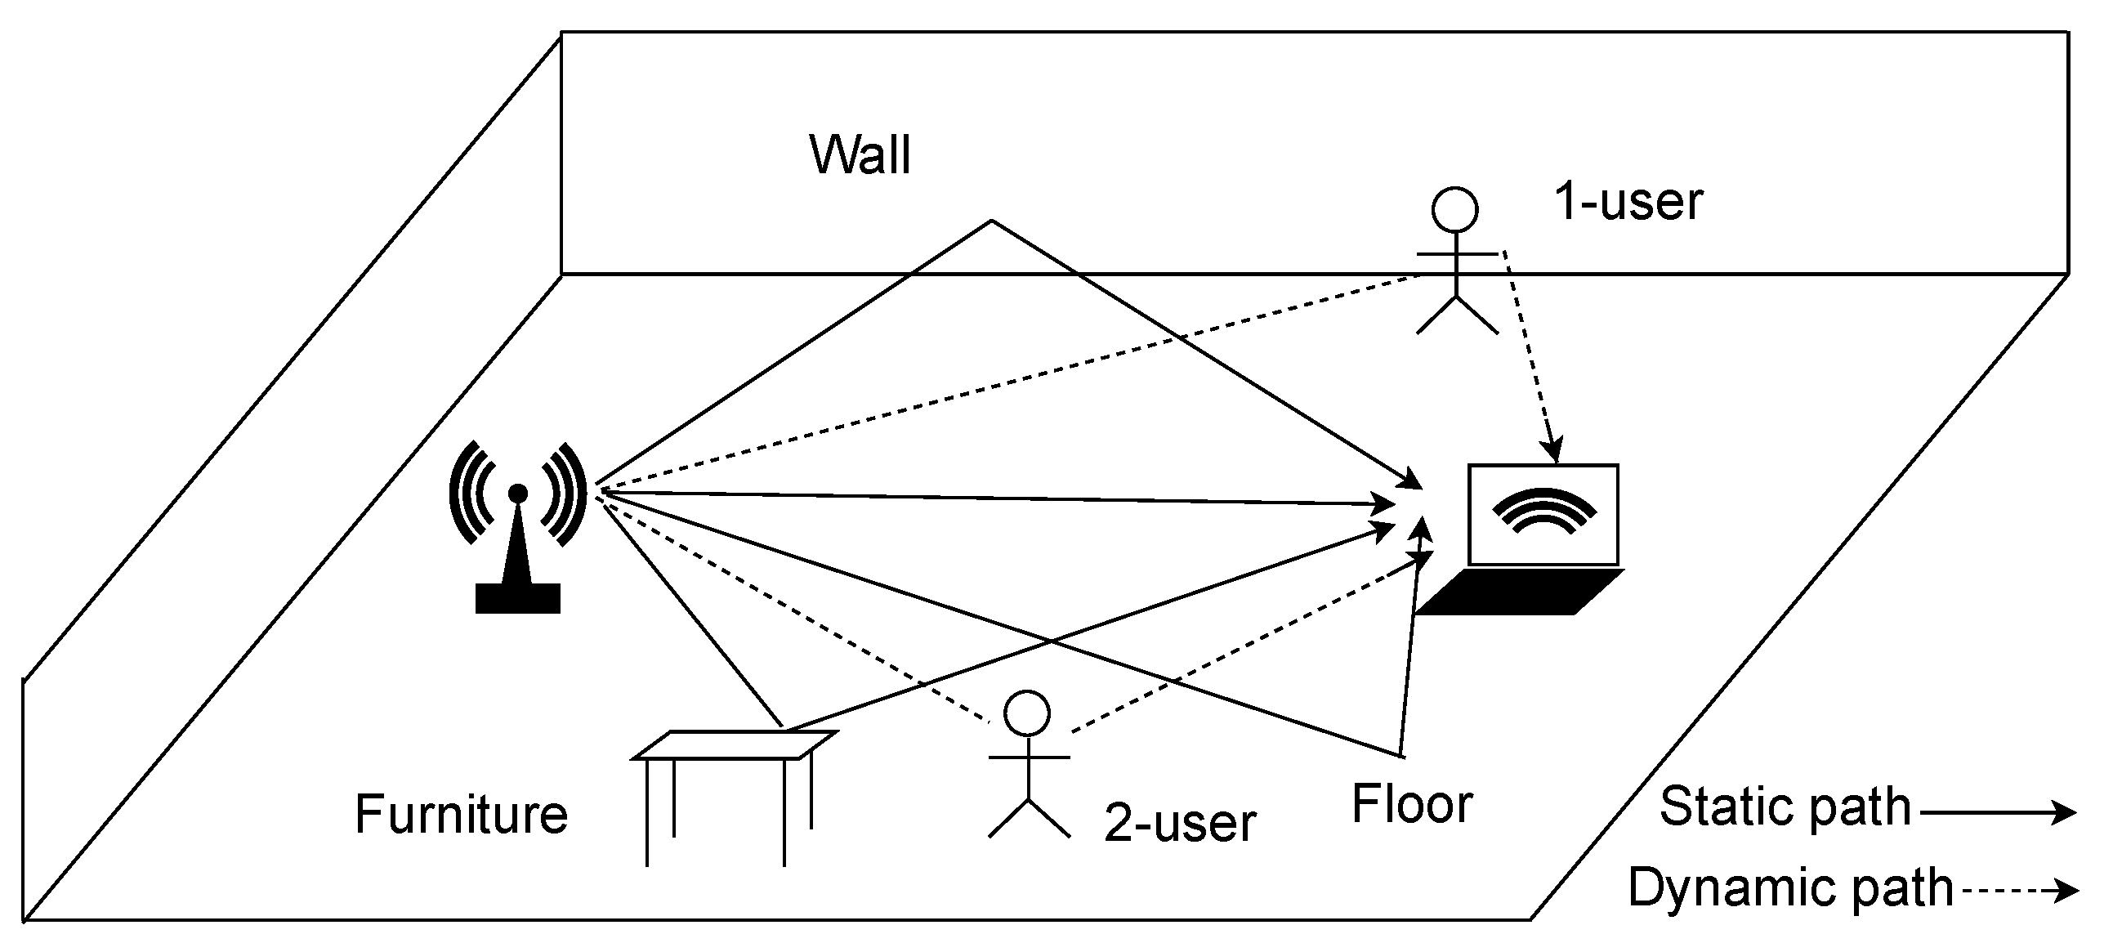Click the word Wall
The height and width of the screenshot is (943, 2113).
tap(860, 154)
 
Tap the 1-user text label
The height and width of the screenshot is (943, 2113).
tap(1628, 201)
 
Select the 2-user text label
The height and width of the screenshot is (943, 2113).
tap(1180, 822)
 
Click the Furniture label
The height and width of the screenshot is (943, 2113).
tap(461, 813)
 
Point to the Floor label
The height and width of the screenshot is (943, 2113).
tap(1412, 803)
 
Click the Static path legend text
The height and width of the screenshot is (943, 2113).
tap(1785, 807)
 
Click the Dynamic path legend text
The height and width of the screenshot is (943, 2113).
tap(1790, 887)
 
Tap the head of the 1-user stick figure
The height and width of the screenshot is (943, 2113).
tap(1455, 210)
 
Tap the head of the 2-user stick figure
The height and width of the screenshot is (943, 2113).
tap(1027, 713)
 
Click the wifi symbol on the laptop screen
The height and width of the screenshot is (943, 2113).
tap(1543, 510)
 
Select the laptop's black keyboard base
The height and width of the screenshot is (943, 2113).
tap(1520, 592)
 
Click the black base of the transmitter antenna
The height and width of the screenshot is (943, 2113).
tap(517, 598)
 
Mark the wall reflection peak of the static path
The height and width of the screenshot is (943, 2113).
tap(991, 221)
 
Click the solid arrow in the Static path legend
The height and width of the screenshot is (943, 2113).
tap(1997, 812)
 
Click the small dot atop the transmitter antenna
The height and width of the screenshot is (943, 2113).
tap(517, 493)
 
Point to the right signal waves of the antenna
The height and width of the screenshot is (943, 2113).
tap(566, 494)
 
